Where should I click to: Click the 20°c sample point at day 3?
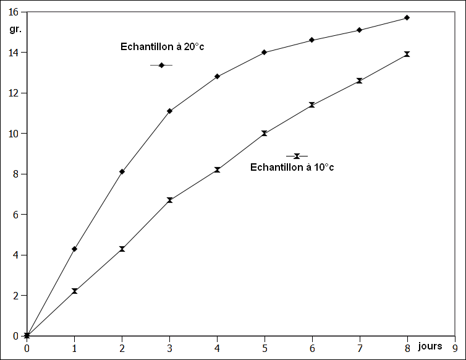pyautogui.click(x=169, y=111)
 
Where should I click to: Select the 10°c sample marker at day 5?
pyautogui.click(x=265, y=133)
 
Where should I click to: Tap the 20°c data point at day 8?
pyautogui.click(x=407, y=17)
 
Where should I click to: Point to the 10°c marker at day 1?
pyautogui.click(x=74, y=291)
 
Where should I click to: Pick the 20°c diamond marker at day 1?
pyautogui.click(x=74, y=249)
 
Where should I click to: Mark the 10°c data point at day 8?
pyautogui.click(x=407, y=54)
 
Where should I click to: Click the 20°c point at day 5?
pyautogui.click(x=265, y=52)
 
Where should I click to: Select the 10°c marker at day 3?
pyautogui.click(x=169, y=200)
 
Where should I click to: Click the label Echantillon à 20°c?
pyautogui.click(x=162, y=46)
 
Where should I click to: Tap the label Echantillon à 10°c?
pyautogui.click(x=292, y=167)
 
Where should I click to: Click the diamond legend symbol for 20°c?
pyautogui.click(x=161, y=65)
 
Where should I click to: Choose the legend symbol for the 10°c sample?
pyautogui.click(x=297, y=156)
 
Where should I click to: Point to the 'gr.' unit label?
pyautogui.click(x=15, y=28)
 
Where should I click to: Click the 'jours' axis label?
pyautogui.click(x=430, y=346)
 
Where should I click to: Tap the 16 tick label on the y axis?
pyautogui.click(x=14, y=12)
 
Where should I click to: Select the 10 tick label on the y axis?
pyautogui.click(x=14, y=133)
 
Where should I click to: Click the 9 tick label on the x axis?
pyautogui.click(x=455, y=348)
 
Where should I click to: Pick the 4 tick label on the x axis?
pyautogui.click(x=217, y=348)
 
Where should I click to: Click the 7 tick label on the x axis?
pyautogui.click(x=360, y=348)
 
